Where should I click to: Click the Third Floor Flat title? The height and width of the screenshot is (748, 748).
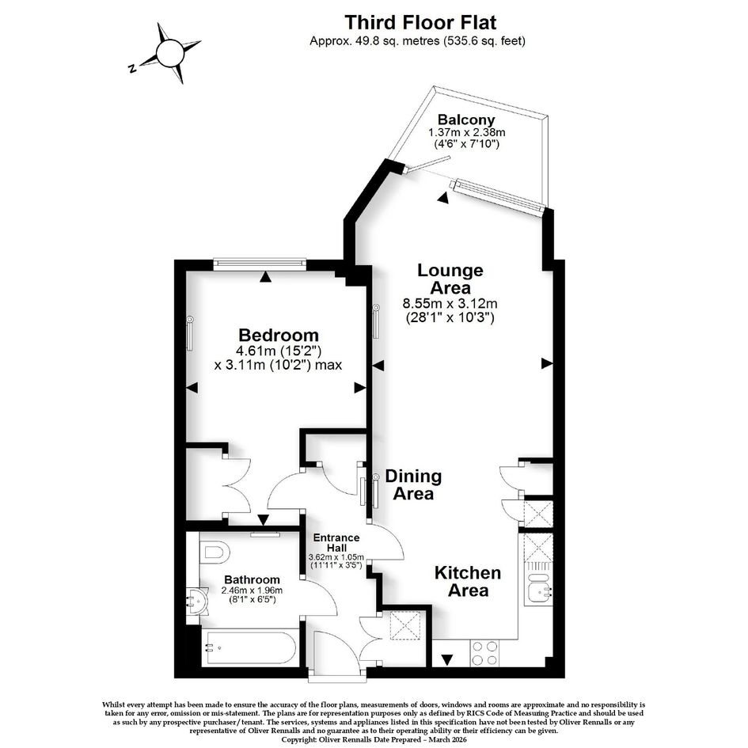tap(420, 22)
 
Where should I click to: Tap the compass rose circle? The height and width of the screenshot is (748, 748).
tap(170, 54)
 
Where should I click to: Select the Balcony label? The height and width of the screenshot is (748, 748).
tap(466, 120)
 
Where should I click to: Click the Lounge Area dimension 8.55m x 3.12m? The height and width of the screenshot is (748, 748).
tap(450, 303)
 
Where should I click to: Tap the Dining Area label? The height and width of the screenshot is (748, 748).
tap(413, 484)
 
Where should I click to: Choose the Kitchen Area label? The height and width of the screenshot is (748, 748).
tap(468, 582)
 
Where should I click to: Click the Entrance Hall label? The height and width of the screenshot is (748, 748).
tap(336, 543)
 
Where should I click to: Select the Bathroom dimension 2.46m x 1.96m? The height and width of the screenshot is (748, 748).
tap(252, 590)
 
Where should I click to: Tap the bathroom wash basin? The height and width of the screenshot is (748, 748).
tap(196, 601)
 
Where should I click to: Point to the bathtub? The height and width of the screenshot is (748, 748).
tap(250, 647)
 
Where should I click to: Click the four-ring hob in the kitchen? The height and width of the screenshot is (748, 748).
tap(484, 653)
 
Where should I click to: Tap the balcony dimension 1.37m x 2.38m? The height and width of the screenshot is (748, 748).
tap(466, 132)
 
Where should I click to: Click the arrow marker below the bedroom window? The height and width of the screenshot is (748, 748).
tap(266, 276)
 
